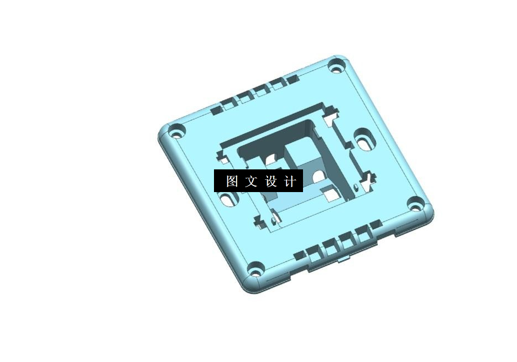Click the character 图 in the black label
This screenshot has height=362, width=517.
(x=232, y=182)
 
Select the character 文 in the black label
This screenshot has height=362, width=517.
(x=252, y=182)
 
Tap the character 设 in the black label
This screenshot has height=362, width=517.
(x=271, y=182)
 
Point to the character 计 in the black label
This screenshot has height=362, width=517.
(x=291, y=182)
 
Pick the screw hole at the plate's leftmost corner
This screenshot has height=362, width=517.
(x=177, y=133)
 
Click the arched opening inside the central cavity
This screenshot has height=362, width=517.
(x=319, y=177)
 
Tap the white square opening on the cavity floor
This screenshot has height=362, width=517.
(x=331, y=194)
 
